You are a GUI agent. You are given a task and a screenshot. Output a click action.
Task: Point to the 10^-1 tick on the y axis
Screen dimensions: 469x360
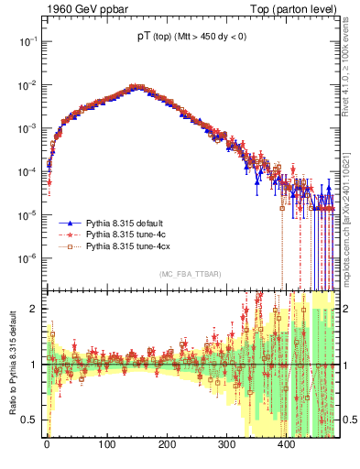28,41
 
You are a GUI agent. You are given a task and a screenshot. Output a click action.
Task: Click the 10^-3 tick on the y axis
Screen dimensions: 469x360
28,128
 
